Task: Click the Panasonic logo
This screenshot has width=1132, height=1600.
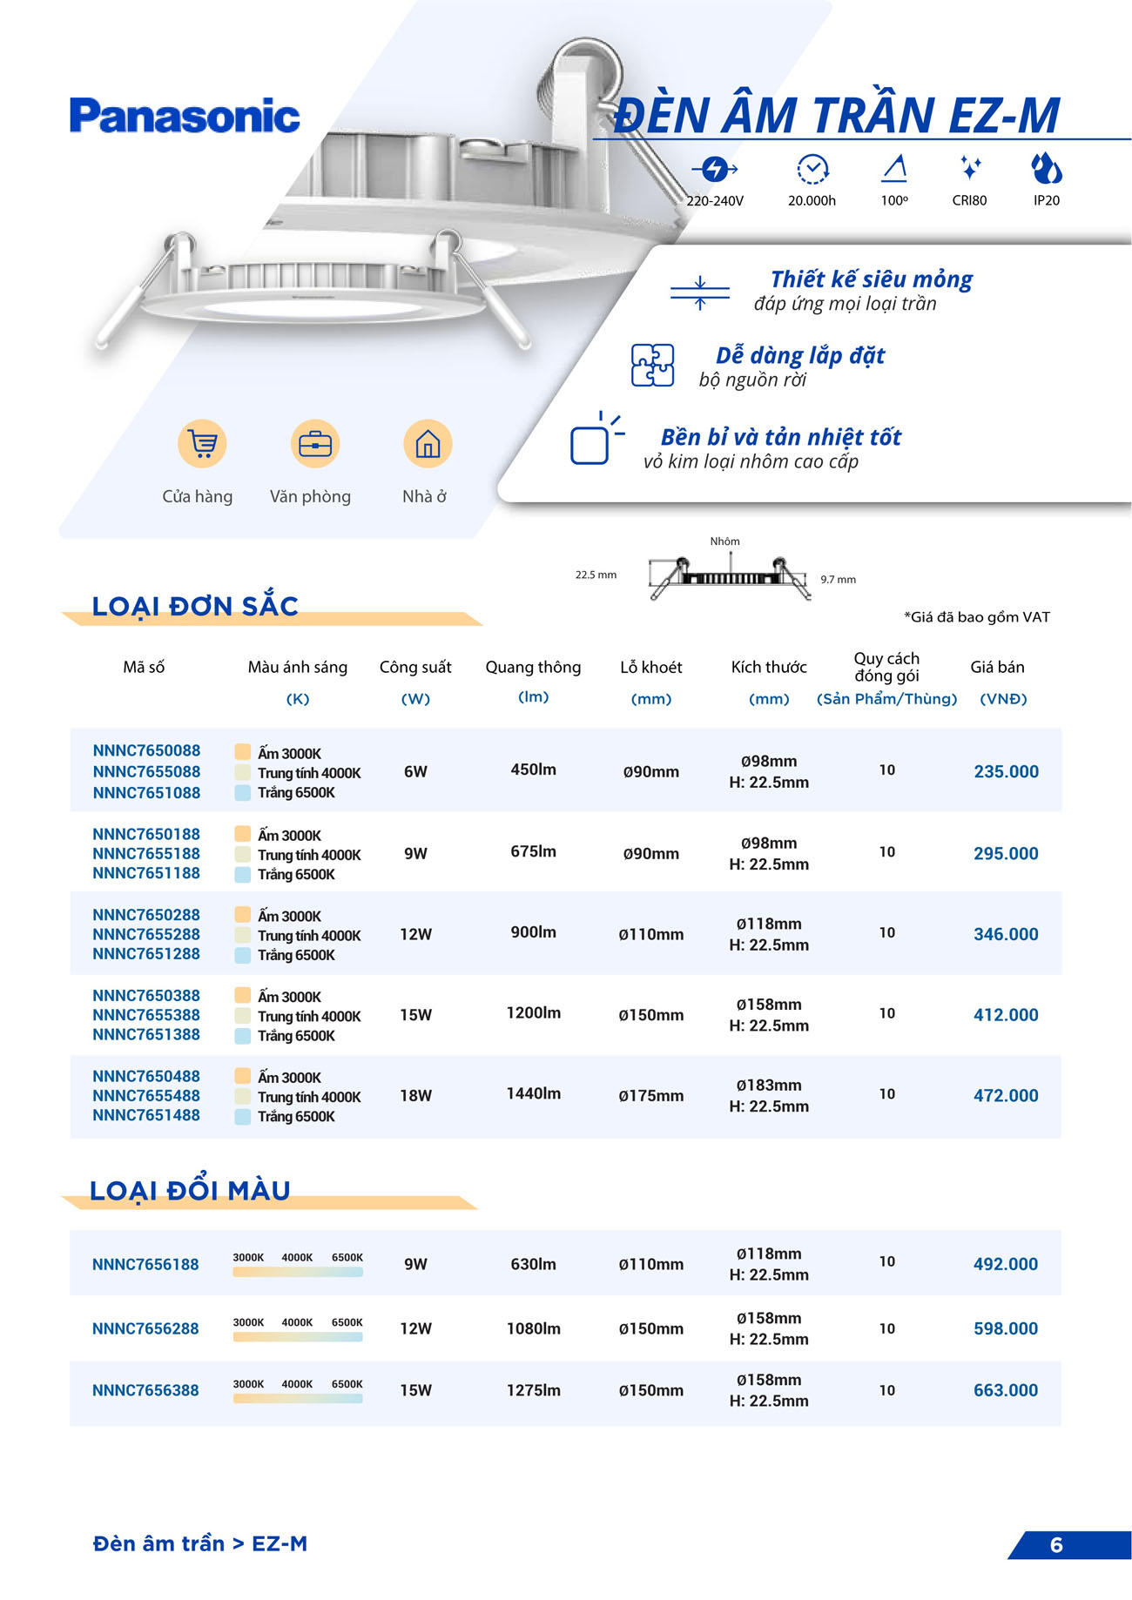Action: (185, 117)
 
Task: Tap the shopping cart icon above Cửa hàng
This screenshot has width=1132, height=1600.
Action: (202, 444)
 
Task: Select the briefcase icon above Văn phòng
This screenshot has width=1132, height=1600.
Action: (314, 444)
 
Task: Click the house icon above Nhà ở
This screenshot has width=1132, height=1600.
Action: (428, 444)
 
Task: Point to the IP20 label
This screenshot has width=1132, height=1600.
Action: (1046, 201)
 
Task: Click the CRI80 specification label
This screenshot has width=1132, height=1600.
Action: (969, 201)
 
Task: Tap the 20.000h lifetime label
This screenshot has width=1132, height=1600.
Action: (812, 201)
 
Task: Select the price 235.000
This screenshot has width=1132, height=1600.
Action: (1006, 772)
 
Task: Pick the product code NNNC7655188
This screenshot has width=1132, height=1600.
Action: (146, 854)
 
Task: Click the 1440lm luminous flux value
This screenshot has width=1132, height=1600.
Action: (533, 1093)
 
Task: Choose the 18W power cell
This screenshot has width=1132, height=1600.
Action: (415, 1096)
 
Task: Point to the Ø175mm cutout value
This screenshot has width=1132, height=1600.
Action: (650, 1096)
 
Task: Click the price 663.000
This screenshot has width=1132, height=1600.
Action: (1006, 1391)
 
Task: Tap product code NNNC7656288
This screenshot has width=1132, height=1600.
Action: (145, 1329)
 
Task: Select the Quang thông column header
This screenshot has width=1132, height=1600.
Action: (533, 668)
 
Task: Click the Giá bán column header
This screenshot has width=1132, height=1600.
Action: (997, 668)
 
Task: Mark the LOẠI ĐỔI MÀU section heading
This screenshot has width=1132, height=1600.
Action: (190, 1191)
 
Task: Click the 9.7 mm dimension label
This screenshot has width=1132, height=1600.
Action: (838, 580)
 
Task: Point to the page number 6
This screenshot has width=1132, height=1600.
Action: (1056, 1545)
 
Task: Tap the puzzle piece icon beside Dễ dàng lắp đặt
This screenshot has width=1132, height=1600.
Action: (652, 366)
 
